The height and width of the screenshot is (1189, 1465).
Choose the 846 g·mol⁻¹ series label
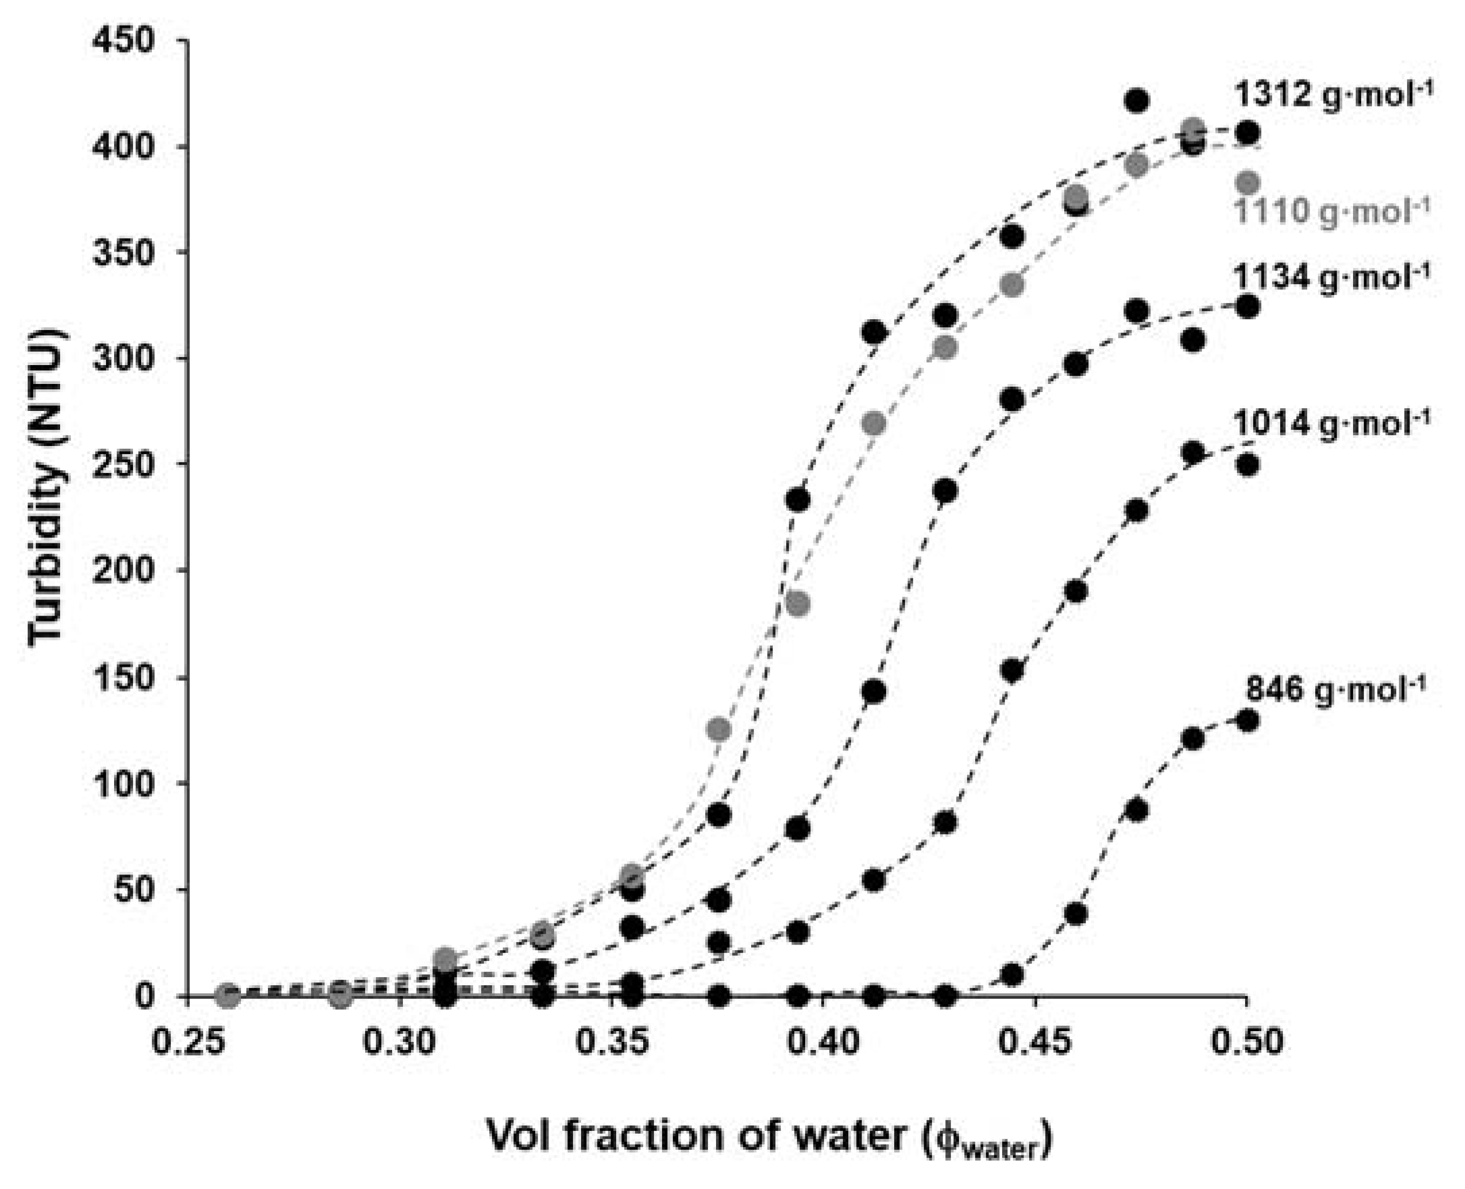pos(1336,690)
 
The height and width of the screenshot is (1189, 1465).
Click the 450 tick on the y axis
pos(123,41)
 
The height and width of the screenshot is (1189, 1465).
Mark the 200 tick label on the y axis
pos(123,570)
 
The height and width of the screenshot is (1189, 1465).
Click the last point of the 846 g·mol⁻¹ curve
pos(1248,721)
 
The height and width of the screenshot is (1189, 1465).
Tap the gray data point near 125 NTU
pos(719,729)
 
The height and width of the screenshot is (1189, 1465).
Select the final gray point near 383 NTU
pos(1248,183)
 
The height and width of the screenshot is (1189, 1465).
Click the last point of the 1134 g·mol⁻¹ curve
pos(1248,306)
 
